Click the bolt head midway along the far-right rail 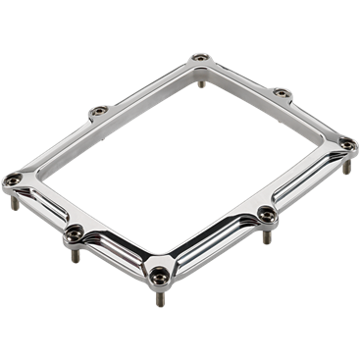click(281, 93)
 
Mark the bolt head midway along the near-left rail click(74, 232)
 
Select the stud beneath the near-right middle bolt click(265, 236)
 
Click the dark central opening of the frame click(186, 157)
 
